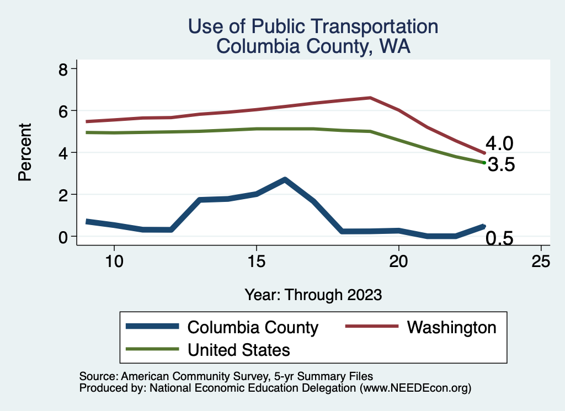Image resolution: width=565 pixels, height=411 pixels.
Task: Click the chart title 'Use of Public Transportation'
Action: pos(313,26)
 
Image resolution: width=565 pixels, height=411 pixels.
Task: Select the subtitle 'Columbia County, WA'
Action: pos(313,46)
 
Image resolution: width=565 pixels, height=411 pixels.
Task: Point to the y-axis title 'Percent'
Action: pos(24,152)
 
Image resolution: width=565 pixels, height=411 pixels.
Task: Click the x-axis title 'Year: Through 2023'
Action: pos(313,295)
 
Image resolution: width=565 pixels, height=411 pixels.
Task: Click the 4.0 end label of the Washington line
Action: pos(499,144)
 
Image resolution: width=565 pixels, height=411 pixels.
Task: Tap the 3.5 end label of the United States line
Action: pos(500,164)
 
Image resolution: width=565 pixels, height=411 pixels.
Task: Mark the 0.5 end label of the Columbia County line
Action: pos(499,238)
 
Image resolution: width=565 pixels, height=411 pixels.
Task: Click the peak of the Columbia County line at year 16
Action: pos(285,179)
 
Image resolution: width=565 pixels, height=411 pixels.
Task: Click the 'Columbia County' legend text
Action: pos(253,328)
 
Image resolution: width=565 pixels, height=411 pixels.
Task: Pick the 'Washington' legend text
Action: pos(451,327)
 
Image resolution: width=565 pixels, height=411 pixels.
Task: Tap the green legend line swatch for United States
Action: pos(152,349)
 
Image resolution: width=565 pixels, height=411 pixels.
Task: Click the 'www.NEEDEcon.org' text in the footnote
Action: pos(415,388)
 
